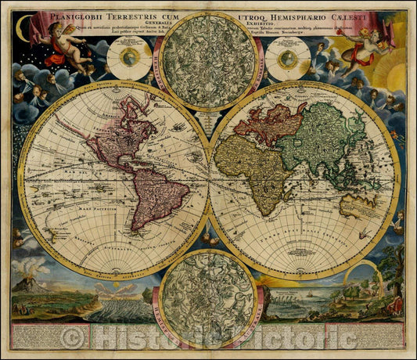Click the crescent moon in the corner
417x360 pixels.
tap(23, 31)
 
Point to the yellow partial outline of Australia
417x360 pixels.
tap(365, 205)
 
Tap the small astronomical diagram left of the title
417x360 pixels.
tap(129, 58)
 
